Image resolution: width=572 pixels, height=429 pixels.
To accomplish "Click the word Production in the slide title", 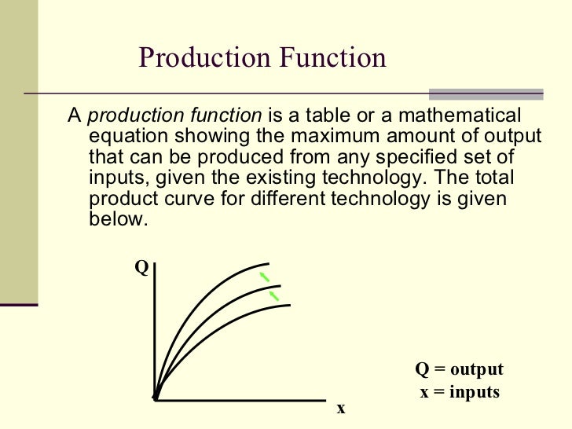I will click(x=201, y=57).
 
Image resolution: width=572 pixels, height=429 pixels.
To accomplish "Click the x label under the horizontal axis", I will click(x=341, y=409).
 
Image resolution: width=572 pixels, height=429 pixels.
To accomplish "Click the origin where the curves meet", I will click(x=156, y=398).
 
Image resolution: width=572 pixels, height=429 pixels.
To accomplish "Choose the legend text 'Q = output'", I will click(x=459, y=370).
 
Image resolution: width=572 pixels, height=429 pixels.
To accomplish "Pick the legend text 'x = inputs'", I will click(x=460, y=391).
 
